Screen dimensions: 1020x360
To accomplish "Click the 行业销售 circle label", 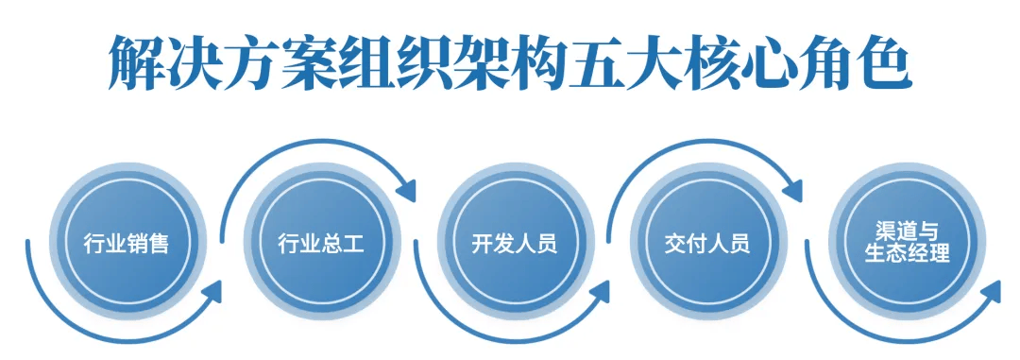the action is (x=127, y=244).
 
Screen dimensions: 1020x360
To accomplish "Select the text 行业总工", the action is (x=321, y=244).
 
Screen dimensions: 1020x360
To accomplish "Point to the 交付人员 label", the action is (x=707, y=244).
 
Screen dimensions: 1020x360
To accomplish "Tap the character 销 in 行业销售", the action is (x=138, y=244).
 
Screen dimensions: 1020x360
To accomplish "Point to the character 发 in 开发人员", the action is (x=503, y=244).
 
